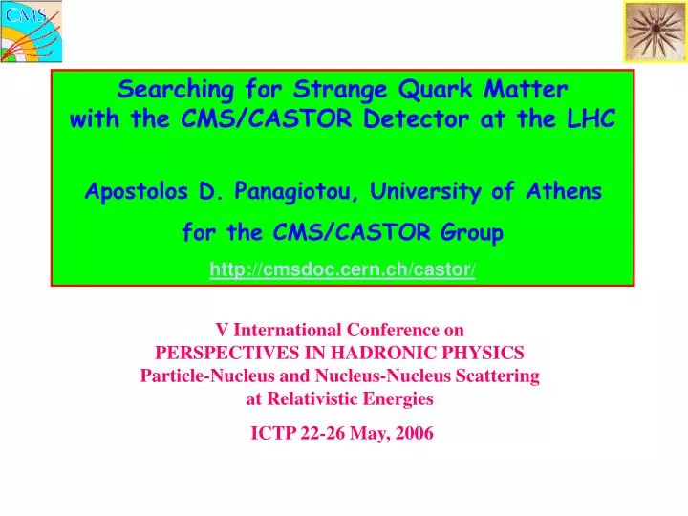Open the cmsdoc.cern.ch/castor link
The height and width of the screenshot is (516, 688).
343,270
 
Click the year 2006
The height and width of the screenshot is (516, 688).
412,433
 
